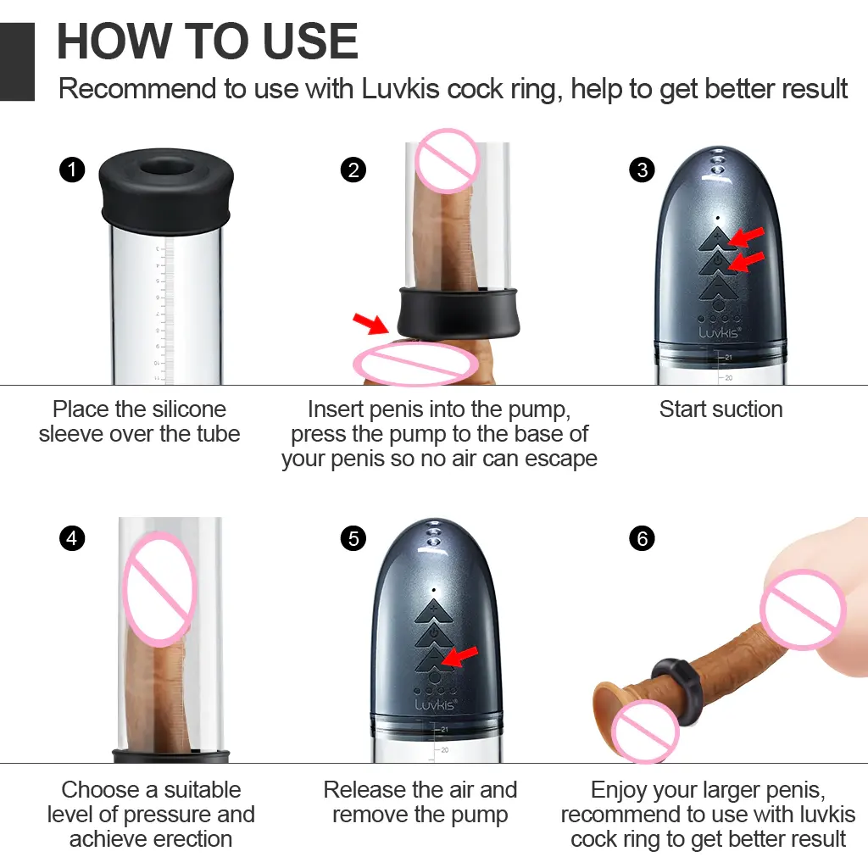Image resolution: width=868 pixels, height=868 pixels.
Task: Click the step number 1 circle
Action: click(72, 170)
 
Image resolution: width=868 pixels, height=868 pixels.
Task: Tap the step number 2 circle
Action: click(353, 170)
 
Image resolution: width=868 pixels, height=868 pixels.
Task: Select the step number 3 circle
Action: click(643, 170)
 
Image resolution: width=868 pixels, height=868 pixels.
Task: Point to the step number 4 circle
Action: click(72, 538)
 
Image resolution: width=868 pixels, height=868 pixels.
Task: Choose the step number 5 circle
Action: click(353, 538)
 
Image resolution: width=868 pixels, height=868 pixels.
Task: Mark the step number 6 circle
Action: click(643, 538)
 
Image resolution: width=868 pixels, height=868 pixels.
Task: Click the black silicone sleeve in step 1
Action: click(166, 188)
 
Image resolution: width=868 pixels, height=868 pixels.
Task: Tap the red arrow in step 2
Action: click(371, 323)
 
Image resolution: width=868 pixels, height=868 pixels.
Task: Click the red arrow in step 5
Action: click(460, 657)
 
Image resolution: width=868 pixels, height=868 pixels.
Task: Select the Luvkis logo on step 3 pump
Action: click(719, 331)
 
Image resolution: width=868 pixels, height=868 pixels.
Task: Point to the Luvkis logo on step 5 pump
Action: click(436, 704)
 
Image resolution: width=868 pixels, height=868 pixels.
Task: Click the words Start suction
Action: click(721, 409)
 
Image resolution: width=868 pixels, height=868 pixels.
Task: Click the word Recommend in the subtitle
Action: click(137, 88)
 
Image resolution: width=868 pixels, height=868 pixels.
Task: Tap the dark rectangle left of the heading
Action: click(17, 61)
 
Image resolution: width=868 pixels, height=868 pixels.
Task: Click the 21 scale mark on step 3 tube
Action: click(728, 358)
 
